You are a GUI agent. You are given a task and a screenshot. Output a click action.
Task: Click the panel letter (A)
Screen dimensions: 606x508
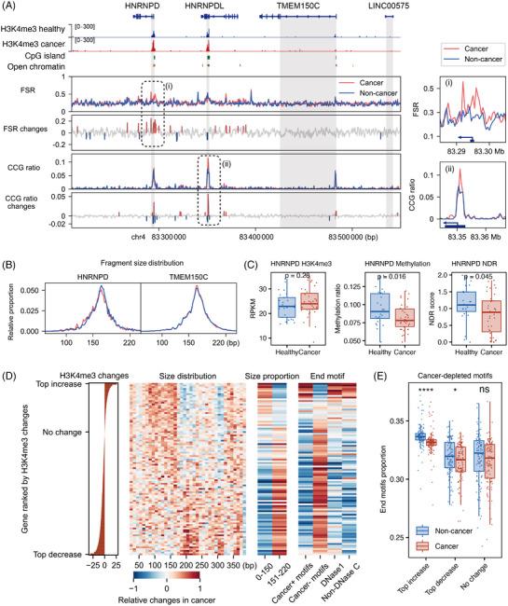(x=11, y=7)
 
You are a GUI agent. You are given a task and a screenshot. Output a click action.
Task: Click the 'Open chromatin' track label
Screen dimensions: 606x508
(x=46, y=65)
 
